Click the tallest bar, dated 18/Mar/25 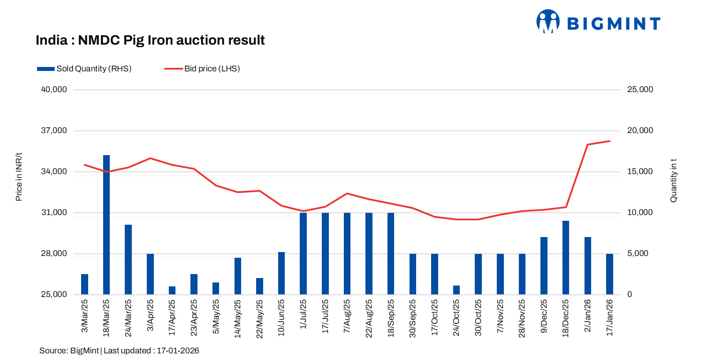point(106,225)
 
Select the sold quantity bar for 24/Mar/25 point(128,260)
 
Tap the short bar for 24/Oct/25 point(456,290)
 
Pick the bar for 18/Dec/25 point(566,258)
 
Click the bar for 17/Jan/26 point(610,274)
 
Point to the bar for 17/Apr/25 point(172,290)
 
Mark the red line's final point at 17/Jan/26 point(610,141)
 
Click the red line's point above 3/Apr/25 point(150,158)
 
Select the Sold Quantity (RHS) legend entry point(84,69)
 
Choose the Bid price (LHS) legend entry point(202,69)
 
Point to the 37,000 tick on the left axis point(54,130)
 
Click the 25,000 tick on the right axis point(640,89)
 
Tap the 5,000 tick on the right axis point(637,253)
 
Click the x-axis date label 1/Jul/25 point(303,314)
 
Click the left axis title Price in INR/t point(19,177)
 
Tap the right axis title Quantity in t point(673,180)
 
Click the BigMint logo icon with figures point(548,22)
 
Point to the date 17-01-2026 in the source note point(178,351)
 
